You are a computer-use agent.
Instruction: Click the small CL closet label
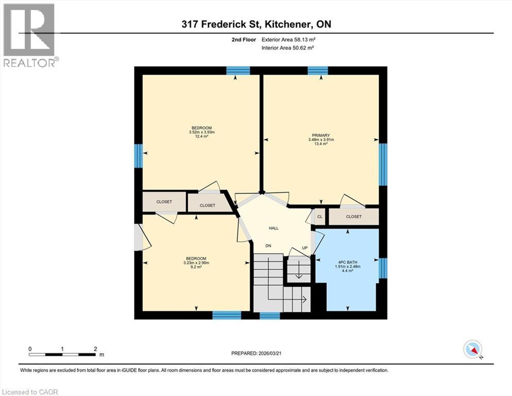(x=320, y=217)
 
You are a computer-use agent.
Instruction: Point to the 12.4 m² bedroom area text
(x=202, y=136)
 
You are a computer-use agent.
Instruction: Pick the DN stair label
(x=268, y=246)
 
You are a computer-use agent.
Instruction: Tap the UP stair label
(x=305, y=248)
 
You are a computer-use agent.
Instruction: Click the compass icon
(x=473, y=350)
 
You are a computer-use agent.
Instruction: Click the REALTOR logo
(x=29, y=35)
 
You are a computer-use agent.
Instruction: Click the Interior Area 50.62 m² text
(x=288, y=47)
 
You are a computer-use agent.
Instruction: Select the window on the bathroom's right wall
(x=383, y=268)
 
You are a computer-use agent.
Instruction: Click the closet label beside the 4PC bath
(x=354, y=217)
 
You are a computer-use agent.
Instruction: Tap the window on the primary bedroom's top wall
(x=318, y=71)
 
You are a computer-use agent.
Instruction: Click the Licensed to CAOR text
(x=30, y=392)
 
